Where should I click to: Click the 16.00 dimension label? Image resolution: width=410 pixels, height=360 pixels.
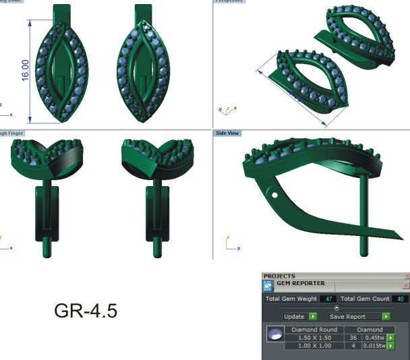(25, 71)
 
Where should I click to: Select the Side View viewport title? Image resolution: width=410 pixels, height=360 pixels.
(227, 133)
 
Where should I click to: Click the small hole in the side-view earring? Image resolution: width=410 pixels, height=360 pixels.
(276, 196)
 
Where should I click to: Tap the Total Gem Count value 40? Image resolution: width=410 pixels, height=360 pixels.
(401, 299)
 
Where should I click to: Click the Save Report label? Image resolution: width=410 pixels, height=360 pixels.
(347, 316)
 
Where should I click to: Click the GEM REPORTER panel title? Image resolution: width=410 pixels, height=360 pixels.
(301, 284)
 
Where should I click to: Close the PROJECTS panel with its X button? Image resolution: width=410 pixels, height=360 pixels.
(406, 276)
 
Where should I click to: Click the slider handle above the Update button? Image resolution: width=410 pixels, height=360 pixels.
(336, 308)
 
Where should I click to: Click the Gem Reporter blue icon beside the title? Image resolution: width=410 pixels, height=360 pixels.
(268, 285)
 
